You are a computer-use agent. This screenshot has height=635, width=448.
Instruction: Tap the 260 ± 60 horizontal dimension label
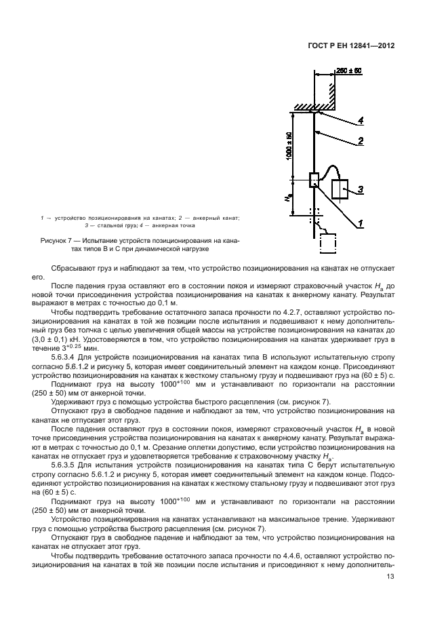click(350, 71)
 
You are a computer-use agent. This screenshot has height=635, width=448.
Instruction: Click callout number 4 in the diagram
click(361, 121)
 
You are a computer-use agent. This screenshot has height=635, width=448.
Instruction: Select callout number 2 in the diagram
click(361, 141)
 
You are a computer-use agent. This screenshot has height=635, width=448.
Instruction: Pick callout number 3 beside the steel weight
click(361, 189)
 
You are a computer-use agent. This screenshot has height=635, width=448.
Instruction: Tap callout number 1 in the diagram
click(361, 223)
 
